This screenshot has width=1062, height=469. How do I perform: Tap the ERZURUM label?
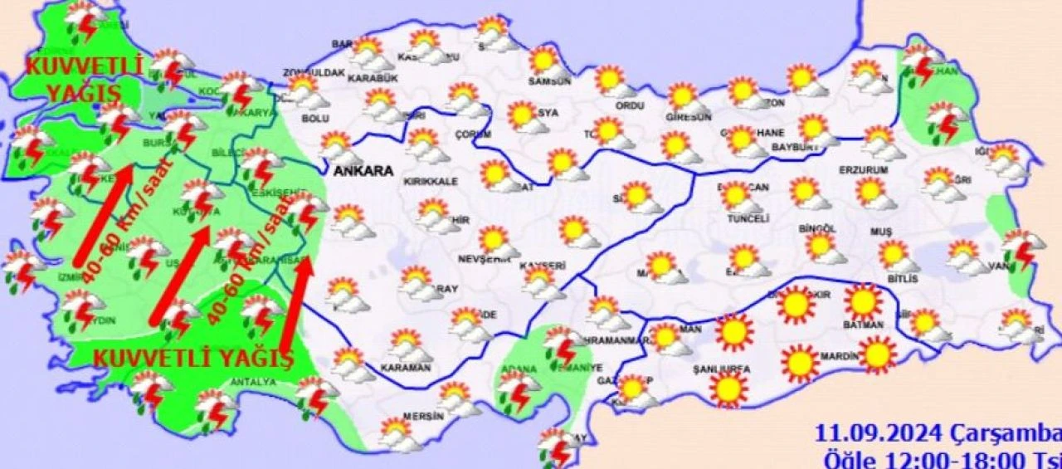[864, 169]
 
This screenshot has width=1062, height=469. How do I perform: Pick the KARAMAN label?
[406, 367]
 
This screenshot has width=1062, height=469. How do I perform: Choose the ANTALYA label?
[255, 383]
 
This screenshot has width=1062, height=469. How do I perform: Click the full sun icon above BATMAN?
[863, 301]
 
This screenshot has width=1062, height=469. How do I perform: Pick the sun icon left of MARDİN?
[800, 363]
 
